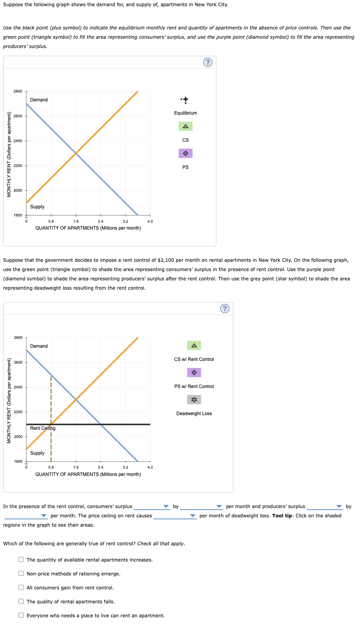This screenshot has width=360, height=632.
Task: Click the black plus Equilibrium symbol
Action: tap(185, 100)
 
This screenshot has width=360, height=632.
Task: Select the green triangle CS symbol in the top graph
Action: tap(185, 126)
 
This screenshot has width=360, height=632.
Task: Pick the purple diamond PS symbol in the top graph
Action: tap(185, 153)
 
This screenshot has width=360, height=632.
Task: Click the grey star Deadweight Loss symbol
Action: tap(194, 400)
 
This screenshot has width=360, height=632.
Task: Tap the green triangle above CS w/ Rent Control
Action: tap(194, 345)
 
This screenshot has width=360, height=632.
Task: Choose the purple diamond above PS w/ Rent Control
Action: tap(194, 373)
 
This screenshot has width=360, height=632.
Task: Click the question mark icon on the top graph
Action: tap(208, 62)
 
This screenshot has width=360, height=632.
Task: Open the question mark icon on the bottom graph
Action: tap(225, 309)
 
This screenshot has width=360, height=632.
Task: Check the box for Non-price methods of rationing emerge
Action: tap(21, 574)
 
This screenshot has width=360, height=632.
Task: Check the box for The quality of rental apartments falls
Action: tap(21, 601)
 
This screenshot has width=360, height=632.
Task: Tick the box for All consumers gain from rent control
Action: tap(21, 587)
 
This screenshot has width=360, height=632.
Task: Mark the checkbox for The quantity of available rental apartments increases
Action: tap(21, 560)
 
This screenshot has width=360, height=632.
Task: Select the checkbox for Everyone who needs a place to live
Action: tap(21, 615)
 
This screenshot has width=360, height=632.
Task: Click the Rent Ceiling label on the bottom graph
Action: tap(43, 428)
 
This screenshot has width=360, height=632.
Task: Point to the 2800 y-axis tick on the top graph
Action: tap(18, 91)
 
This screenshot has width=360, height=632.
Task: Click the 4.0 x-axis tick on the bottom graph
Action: tap(150, 467)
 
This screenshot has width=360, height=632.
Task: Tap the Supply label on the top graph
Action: tap(37, 207)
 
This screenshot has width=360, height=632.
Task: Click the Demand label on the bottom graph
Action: tap(39, 346)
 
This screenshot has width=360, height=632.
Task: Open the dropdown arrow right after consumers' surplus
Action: tap(166, 507)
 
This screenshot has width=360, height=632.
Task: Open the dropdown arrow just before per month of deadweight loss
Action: tap(193, 516)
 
